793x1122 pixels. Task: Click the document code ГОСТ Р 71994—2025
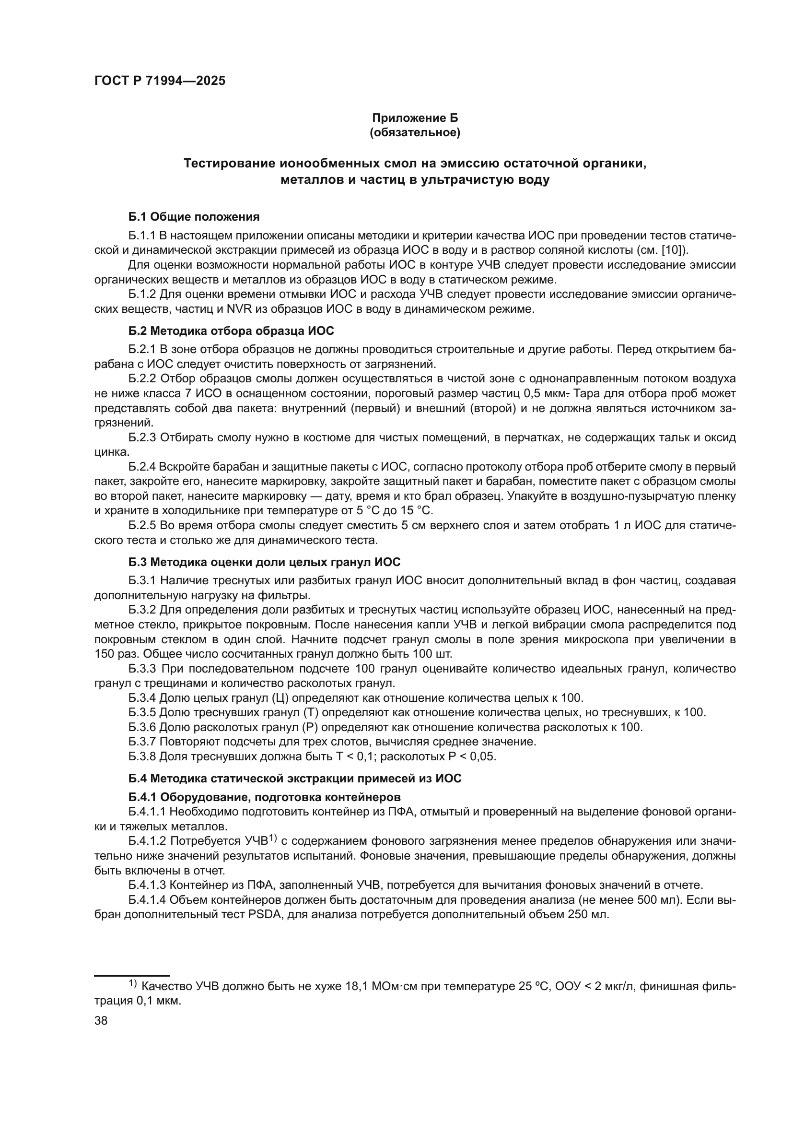pos(160,81)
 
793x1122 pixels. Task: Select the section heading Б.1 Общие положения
pos(194,216)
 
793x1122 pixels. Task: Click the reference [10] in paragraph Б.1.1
pos(672,251)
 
